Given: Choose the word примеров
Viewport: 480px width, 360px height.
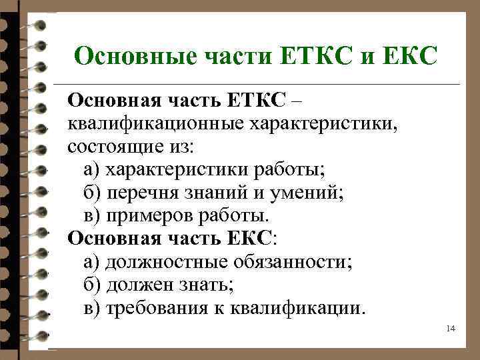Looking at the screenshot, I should pos(148,215).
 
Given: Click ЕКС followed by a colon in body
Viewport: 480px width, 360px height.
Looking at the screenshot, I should pos(249,238).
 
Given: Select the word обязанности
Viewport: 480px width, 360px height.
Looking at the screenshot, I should pos(291,261).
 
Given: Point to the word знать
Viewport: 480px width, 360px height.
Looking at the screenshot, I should pos(203,285).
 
